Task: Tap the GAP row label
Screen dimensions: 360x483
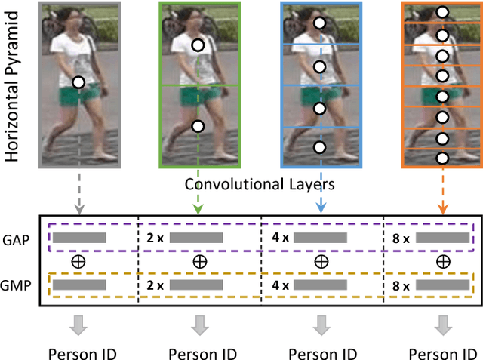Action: (x=20, y=237)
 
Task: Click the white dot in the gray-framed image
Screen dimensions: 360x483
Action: (x=78, y=82)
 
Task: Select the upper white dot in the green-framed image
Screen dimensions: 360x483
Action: (x=198, y=45)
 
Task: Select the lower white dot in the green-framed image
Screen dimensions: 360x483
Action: (x=198, y=127)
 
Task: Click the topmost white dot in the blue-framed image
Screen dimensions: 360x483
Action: (x=319, y=24)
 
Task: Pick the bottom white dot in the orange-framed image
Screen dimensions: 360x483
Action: (x=443, y=158)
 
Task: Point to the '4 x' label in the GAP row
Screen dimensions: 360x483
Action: (x=279, y=237)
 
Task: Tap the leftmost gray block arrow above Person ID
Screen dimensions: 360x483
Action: (x=78, y=326)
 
